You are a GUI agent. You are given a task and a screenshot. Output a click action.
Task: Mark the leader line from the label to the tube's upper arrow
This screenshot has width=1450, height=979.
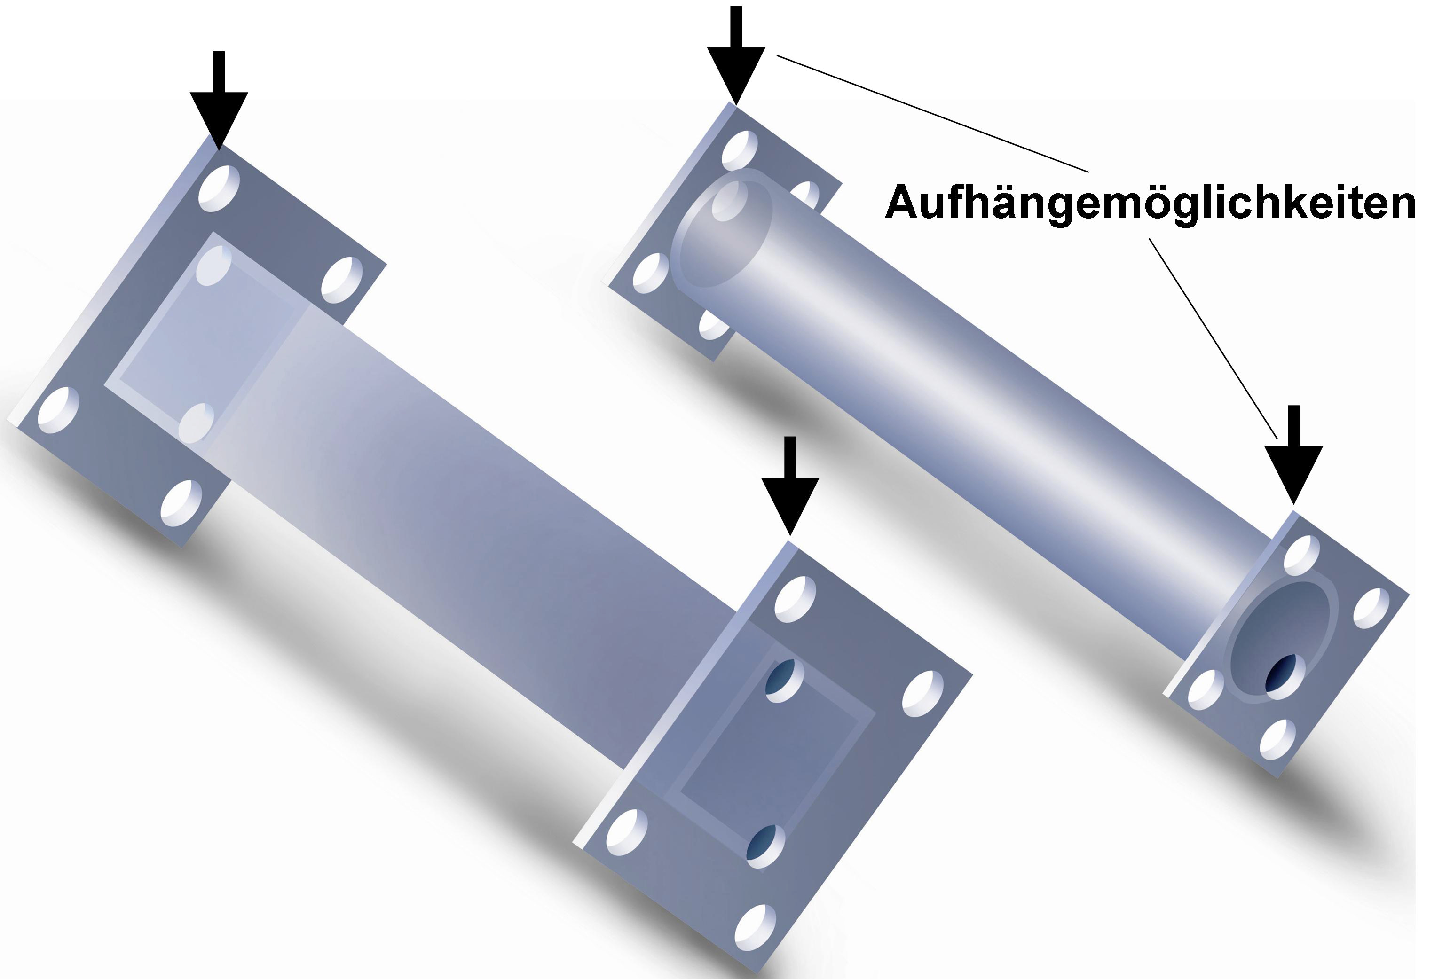pyautogui.click(x=933, y=113)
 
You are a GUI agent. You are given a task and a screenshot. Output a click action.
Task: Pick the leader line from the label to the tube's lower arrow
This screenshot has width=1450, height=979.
pyautogui.click(x=1214, y=338)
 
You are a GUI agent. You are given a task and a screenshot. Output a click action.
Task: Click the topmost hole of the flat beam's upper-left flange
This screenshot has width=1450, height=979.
pyautogui.click(x=219, y=188)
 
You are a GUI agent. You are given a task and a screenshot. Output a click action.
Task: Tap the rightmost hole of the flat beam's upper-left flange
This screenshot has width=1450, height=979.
pyautogui.click(x=342, y=280)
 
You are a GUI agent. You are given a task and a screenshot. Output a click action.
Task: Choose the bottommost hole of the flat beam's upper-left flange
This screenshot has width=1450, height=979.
pyautogui.click(x=181, y=502)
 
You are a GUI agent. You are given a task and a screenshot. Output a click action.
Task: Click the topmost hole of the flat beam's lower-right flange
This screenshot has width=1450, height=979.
pyautogui.click(x=795, y=599)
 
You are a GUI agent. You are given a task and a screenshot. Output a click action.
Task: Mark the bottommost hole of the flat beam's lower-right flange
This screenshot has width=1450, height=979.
pyautogui.click(x=756, y=927)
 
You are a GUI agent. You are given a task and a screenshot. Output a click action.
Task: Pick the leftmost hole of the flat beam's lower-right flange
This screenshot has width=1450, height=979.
pyautogui.click(x=627, y=832)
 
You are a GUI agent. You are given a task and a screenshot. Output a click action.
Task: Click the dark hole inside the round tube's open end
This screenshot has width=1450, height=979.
pyautogui.click(x=1281, y=673)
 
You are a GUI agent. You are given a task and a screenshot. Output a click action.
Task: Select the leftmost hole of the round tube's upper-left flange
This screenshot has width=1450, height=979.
pyautogui.click(x=651, y=273)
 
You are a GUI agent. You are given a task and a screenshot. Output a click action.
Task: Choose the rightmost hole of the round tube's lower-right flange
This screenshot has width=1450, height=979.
pyautogui.click(x=1371, y=608)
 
